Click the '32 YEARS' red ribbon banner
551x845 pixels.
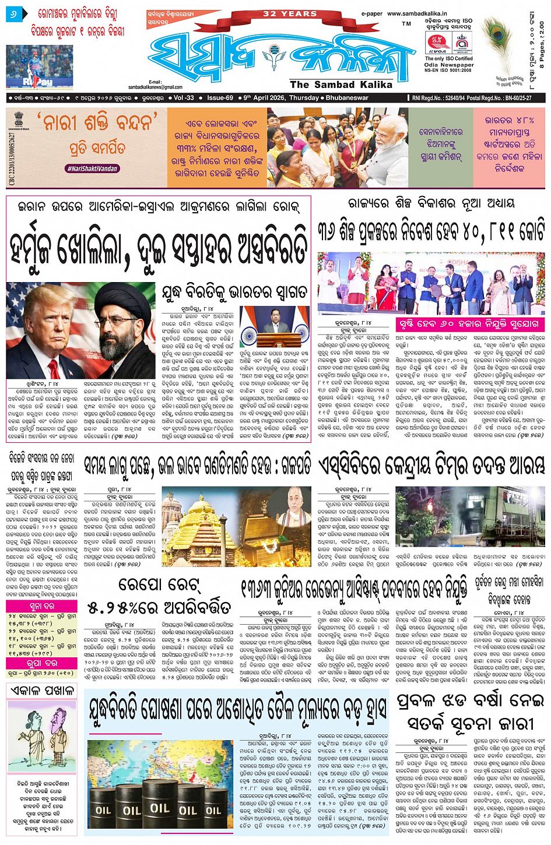[x=289, y=14]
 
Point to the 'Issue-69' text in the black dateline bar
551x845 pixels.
[x=220, y=98]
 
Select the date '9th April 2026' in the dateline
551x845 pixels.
[x=262, y=98]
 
